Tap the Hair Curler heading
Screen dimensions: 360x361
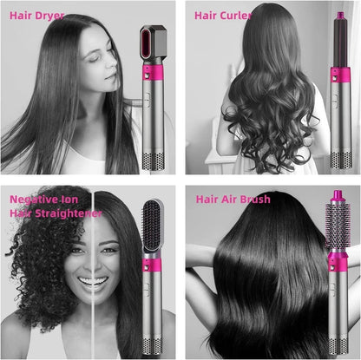tap(224, 15)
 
